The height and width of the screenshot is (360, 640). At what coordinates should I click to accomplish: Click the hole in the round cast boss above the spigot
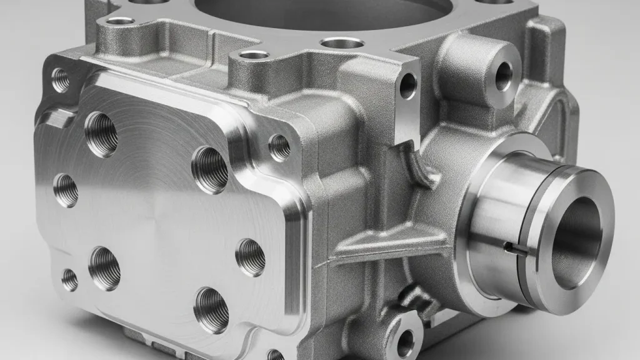point(503,76)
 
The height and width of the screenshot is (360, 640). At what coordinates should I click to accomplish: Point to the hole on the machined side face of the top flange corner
point(407,86)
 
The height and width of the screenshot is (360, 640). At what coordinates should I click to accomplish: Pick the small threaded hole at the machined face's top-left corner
point(61,79)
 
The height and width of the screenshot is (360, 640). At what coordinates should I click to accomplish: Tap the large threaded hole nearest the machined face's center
point(210,169)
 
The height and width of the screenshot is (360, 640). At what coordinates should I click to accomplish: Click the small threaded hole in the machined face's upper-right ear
point(279,147)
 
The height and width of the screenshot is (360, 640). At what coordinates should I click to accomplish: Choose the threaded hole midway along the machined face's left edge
point(66,190)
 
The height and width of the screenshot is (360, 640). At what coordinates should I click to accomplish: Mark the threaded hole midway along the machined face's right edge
point(251,257)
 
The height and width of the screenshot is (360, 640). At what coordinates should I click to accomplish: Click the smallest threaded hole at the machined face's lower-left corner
point(69,279)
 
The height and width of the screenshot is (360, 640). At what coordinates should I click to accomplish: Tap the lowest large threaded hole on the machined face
point(211,309)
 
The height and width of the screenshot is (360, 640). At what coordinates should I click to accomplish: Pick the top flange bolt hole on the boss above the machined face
point(254,55)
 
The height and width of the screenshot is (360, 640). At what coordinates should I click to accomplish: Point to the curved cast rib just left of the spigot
point(420,166)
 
